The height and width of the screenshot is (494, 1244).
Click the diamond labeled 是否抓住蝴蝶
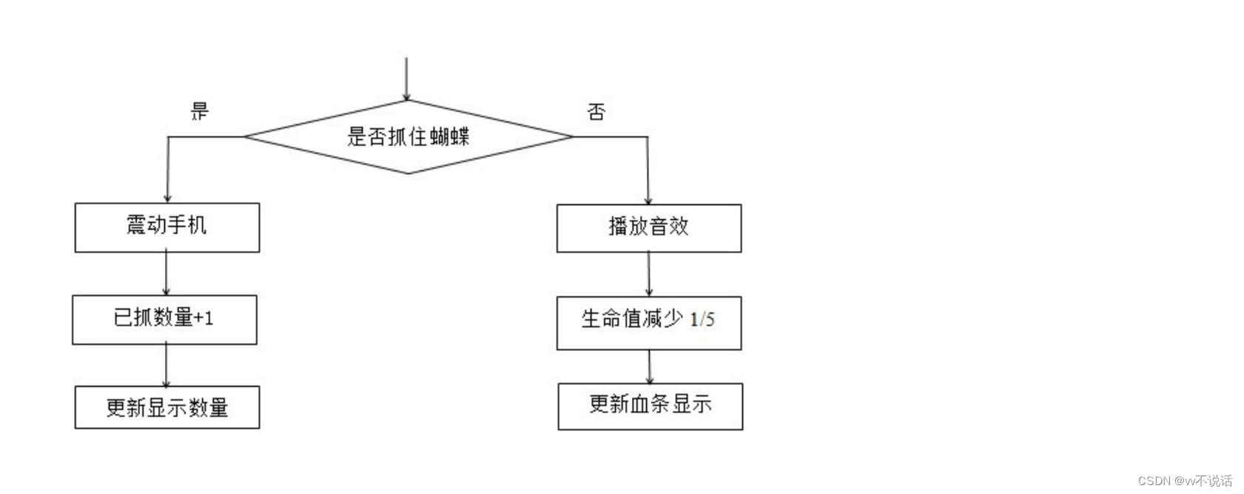tap(408, 136)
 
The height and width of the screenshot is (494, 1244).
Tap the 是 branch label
tap(200, 112)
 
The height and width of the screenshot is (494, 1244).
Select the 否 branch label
tap(596, 112)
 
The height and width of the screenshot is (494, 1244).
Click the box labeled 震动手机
tap(167, 227)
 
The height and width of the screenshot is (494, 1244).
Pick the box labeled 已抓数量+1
tap(164, 319)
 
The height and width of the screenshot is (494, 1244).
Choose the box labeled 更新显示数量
tap(167, 407)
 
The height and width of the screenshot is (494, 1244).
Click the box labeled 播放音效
tap(649, 228)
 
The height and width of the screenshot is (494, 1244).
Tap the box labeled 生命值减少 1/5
tap(649, 322)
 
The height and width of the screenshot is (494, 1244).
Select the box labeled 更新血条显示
tap(650, 406)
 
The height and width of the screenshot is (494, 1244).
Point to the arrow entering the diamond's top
tap(406, 78)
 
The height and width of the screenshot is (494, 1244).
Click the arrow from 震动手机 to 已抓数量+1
tap(167, 273)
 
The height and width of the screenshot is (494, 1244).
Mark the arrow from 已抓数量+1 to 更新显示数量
tap(167, 365)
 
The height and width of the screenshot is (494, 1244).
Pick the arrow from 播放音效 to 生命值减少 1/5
tap(649, 274)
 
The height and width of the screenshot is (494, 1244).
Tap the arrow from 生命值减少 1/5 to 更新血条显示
tap(650, 367)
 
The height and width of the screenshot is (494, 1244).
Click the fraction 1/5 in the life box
tap(702, 319)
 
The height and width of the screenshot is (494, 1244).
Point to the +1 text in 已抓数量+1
tap(203, 318)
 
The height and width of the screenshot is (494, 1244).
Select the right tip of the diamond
tap(571, 136)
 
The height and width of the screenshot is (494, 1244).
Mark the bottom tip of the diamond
tap(408, 173)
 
